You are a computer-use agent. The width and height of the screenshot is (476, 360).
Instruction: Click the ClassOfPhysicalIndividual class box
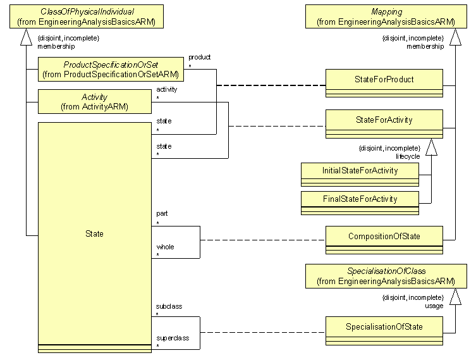(x=86, y=16)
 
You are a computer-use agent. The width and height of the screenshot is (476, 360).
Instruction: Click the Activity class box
(x=94, y=102)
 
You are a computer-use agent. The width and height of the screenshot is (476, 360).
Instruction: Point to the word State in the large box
(x=94, y=234)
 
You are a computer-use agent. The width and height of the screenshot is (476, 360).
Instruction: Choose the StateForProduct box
(x=384, y=80)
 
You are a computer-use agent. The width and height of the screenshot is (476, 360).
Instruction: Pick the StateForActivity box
(x=384, y=120)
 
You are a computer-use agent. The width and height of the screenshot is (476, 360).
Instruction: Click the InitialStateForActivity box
(x=359, y=171)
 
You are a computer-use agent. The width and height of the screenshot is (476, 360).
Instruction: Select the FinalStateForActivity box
(x=359, y=199)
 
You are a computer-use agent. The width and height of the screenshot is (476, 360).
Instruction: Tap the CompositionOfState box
(x=384, y=236)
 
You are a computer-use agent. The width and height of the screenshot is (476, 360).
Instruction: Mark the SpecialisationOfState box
(x=384, y=326)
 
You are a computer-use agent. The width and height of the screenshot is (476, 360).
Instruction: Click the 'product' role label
(x=199, y=57)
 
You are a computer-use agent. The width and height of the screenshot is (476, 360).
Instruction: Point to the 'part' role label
(x=162, y=214)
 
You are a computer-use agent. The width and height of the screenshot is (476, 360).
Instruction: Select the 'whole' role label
(x=165, y=247)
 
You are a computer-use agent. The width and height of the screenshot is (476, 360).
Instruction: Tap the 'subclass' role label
(x=169, y=306)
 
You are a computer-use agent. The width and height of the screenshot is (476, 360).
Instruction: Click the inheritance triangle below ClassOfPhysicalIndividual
(x=26, y=39)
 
